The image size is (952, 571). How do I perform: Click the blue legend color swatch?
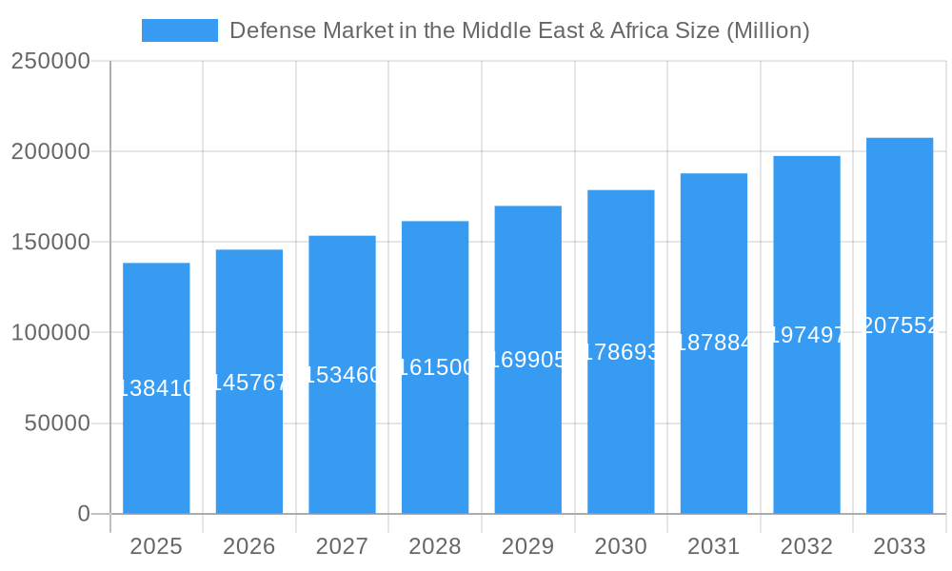tap(179, 30)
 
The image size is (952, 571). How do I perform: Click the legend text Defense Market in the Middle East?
tap(519, 30)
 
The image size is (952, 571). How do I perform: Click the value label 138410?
tap(156, 388)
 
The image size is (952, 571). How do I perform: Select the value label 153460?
tap(342, 375)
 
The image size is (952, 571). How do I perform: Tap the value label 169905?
tap(527, 360)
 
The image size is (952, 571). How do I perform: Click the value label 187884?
tap(714, 343)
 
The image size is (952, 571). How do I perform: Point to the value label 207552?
tap(900, 325)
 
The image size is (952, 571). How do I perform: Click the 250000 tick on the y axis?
tap(50, 62)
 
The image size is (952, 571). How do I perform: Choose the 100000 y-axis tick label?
tap(50, 333)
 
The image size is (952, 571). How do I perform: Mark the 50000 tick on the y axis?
tap(56, 423)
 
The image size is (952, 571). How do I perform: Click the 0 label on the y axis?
tap(83, 514)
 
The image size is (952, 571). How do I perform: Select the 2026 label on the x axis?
tap(249, 546)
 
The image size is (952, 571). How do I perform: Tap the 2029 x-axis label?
tap(527, 546)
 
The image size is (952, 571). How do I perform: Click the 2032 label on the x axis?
tap(806, 546)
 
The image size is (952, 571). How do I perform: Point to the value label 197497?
tap(806, 335)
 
